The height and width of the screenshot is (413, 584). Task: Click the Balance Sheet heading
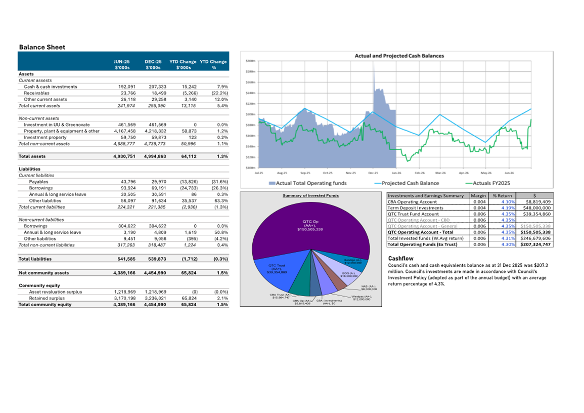[42, 47]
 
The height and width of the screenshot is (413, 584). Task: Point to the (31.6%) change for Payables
[219, 181]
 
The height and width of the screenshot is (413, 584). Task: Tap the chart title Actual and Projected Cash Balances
[399, 55]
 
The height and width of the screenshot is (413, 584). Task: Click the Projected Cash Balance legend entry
[410, 183]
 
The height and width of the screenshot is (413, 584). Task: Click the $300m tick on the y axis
[250, 61]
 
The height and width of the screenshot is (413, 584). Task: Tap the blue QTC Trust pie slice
[276, 271]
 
